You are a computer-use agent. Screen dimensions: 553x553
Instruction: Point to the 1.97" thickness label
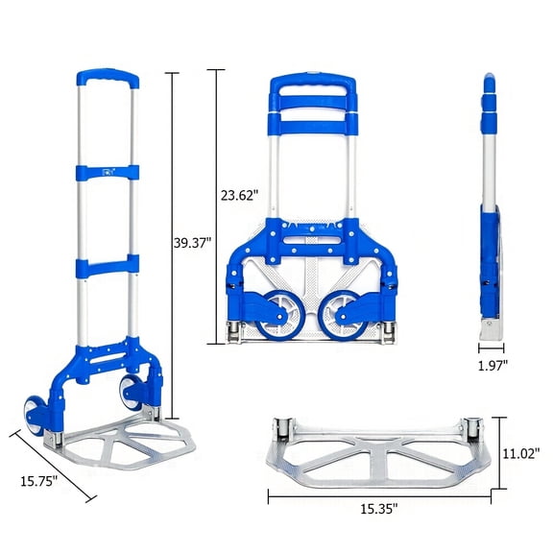coord(493,364)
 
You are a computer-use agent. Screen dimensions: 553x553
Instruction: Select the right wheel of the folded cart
coord(340,316)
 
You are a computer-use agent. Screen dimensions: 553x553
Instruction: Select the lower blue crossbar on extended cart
coord(107,262)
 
